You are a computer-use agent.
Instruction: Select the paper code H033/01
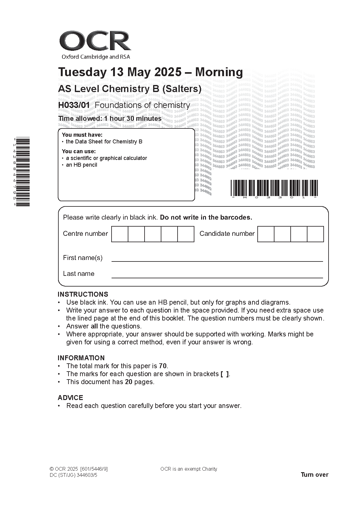pos(74,105)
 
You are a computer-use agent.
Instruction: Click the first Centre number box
pos(119,234)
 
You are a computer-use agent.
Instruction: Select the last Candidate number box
pos(315,234)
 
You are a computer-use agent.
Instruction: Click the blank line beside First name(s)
pos(217,258)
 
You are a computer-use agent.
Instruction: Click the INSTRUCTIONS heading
pos(83,295)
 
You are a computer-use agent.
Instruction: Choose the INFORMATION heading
pos(81,358)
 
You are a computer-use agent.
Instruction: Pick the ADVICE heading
pos(70,398)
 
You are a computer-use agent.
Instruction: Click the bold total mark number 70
pos(163,366)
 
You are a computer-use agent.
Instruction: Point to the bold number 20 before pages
pos(128,382)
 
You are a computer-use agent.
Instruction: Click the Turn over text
pos(314,475)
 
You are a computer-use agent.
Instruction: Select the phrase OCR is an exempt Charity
pos(189,469)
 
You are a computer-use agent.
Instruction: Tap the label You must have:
pos(82,135)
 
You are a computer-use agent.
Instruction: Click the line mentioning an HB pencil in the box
pos(82,165)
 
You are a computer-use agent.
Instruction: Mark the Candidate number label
pos(227,234)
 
